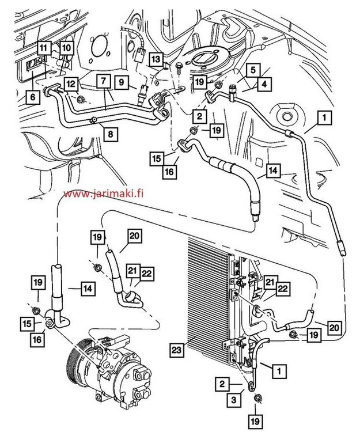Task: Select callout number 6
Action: [32, 98]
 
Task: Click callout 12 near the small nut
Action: [70, 84]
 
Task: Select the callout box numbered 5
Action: [252, 69]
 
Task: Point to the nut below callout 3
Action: [257, 399]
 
